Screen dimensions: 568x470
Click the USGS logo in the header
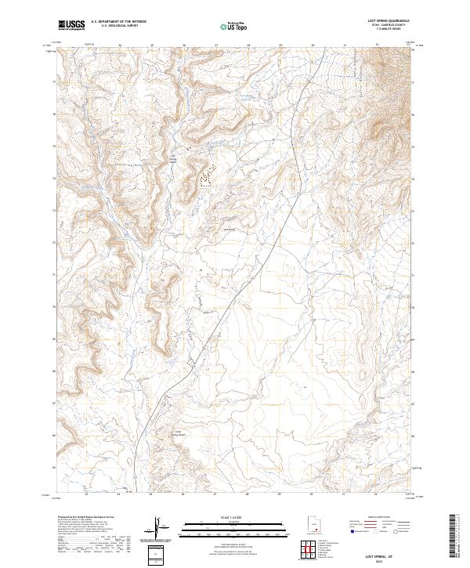tap(71, 25)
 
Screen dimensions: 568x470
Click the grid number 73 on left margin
tap(52, 211)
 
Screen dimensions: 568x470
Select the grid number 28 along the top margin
tap(248, 45)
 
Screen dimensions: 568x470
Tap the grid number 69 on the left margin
tap(52, 339)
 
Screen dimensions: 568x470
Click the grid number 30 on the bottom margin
tap(313, 494)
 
